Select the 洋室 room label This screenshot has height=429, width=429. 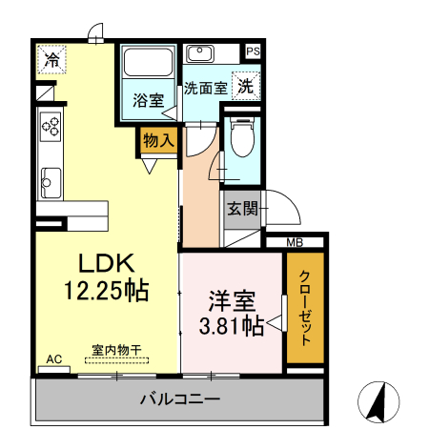(x=233, y=302)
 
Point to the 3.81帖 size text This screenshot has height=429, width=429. (x=233, y=326)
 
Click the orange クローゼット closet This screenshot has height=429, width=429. (x=305, y=308)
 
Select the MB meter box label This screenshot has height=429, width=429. (x=294, y=242)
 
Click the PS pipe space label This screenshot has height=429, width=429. (x=253, y=51)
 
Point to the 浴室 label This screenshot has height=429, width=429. (x=148, y=100)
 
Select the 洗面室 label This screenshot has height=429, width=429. (x=205, y=88)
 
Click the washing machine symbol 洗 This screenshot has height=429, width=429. (x=246, y=85)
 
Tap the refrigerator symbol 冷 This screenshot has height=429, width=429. (x=52, y=60)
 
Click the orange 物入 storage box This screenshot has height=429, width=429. (x=158, y=140)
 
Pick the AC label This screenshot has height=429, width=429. (x=53, y=359)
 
